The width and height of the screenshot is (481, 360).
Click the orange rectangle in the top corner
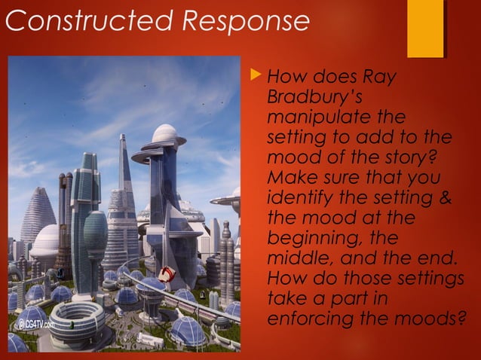tap(425, 29)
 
